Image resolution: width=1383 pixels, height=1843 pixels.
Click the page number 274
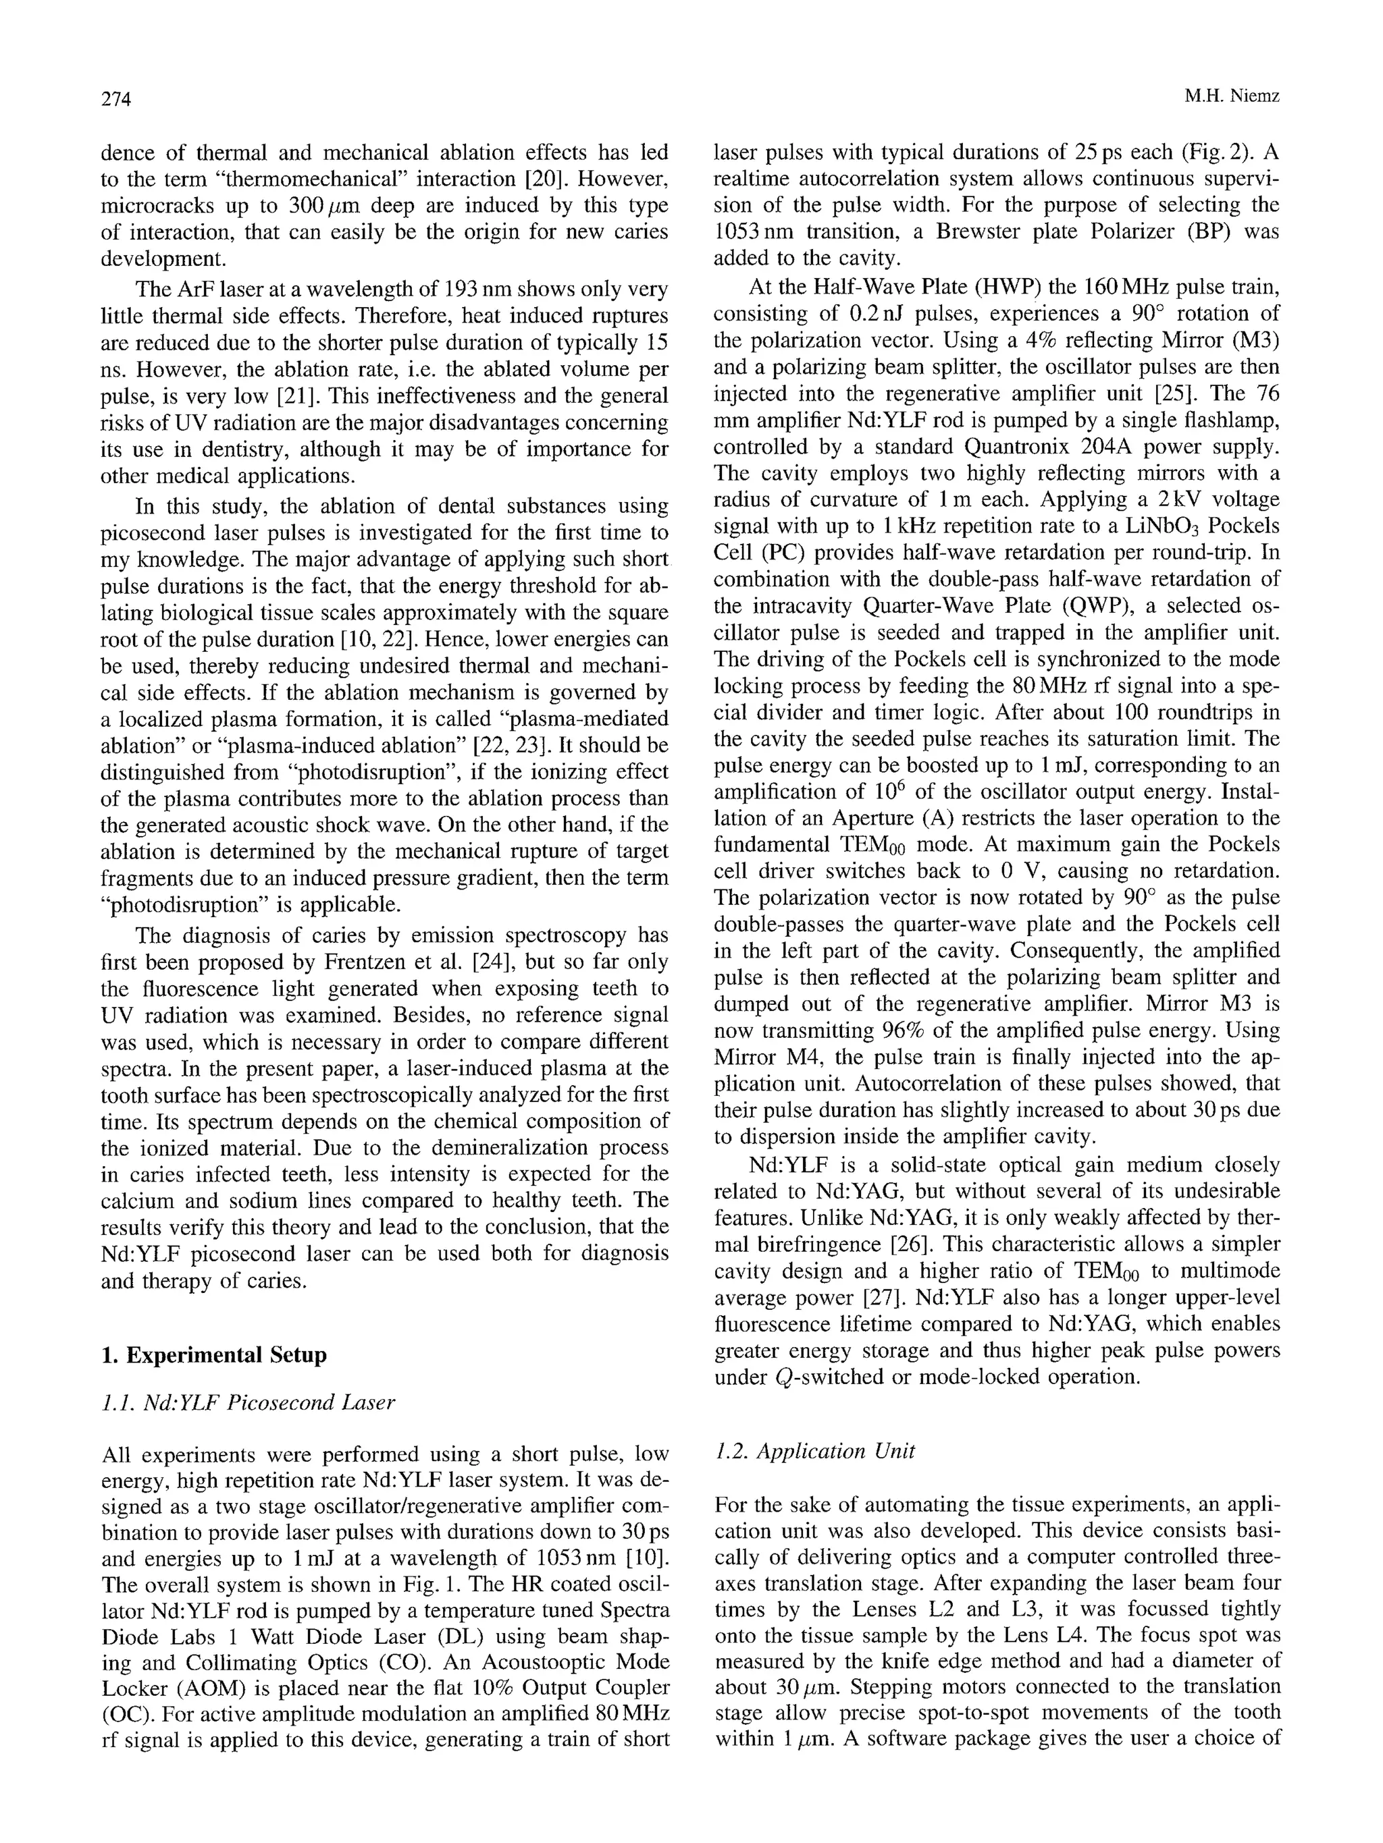pyautogui.click(x=117, y=99)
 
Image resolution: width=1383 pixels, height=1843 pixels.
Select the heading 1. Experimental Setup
pyautogui.click(x=213, y=1355)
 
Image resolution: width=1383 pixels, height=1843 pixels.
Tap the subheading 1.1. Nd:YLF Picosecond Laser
pyautogui.click(x=248, y=1403)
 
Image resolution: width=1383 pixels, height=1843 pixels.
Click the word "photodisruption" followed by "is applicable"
pyautogui.click(x=175, y=906)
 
